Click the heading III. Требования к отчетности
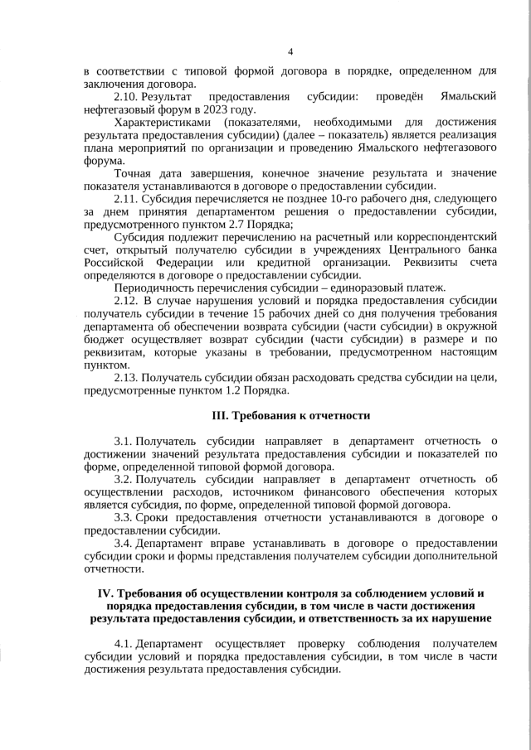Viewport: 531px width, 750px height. pos(290,415)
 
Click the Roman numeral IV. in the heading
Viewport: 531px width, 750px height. pos(105,593)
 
